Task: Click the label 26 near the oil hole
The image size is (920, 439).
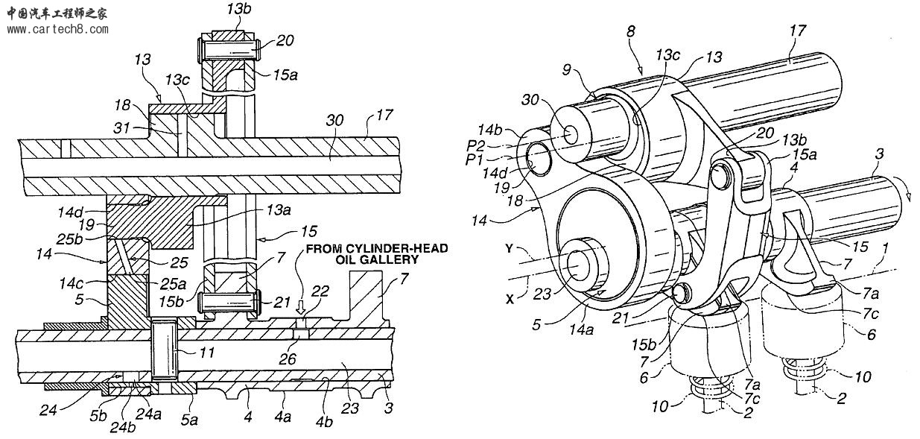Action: click(x=287, y=359)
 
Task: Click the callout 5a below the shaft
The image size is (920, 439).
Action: click(x=189, y=420)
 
